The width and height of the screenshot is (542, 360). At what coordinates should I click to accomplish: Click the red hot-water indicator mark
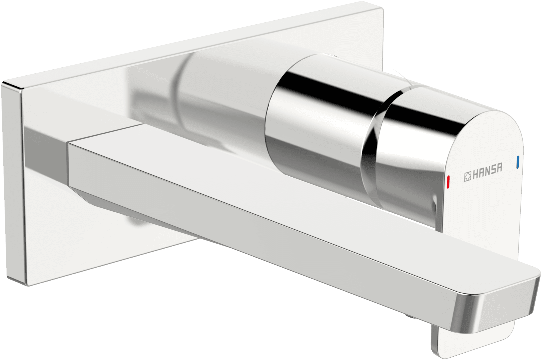[x=448, y=182]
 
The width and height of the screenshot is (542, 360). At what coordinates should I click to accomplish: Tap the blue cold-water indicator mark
[x=517, y=162]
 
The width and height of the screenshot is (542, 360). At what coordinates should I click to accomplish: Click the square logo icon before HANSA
[x=467, y=176]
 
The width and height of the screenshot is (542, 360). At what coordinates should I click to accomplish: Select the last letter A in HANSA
[x=499, y=168]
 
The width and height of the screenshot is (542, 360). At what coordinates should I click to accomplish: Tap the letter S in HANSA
[x=493, y=169]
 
